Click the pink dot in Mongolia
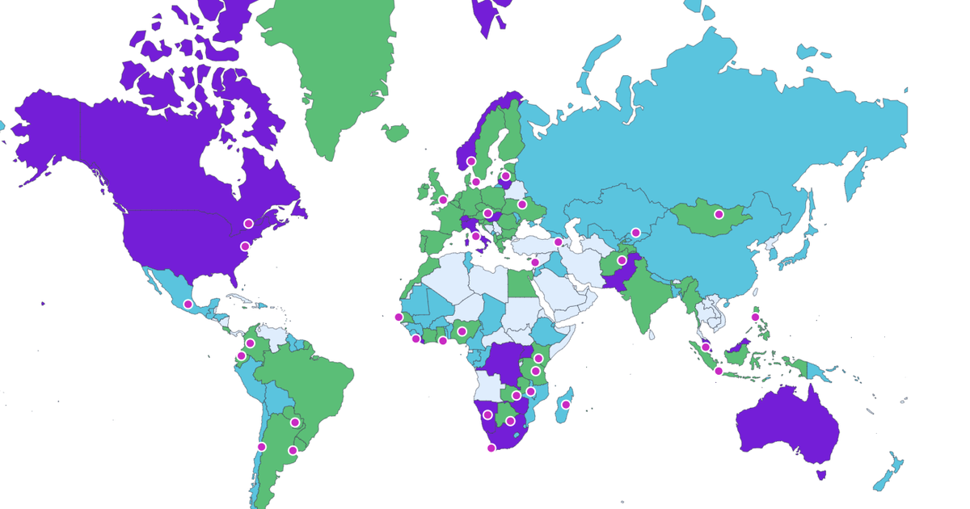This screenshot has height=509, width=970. click(x=719, y=214)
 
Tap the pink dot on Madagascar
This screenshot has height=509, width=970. click(x=567, y=404)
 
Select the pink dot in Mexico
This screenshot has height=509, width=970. click(x=188, y=305)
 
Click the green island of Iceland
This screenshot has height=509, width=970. click(x=395, y=132)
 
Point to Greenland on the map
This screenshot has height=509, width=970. click(x=339, y=73)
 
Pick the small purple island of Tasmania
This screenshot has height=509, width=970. click(x=822, y=474)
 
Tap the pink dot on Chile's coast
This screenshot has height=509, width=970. click(x=261, y=446)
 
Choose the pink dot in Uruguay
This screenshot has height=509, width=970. click(x=293, y=450)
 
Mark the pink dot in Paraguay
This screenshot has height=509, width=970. click(x=295, y=422)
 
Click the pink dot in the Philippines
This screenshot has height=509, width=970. click(x=755, y=318)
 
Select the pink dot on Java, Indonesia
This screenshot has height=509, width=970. click(x=719, y=371)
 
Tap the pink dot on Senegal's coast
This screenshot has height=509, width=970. click(x=398, y=317)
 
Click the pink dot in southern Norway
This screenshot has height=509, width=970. click(x=471, y=162)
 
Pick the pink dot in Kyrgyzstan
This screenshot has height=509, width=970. click(x=636, y=233)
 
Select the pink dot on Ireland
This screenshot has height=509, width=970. click(x=443, y=200)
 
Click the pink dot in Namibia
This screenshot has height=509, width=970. click(x=487, y=414)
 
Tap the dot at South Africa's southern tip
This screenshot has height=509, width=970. click(x=491, y=448)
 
